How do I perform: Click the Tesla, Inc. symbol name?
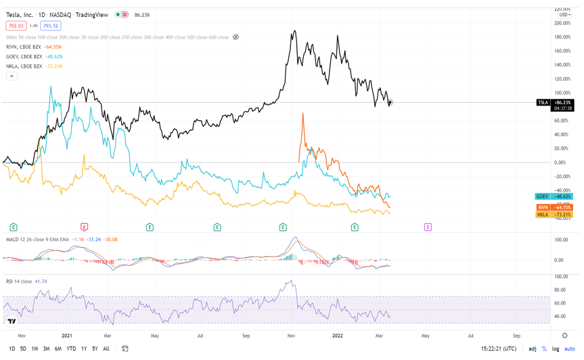point(20,15)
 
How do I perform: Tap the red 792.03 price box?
point(16,26)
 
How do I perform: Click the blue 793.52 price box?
point(50,26)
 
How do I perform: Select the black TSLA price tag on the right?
point(543,103)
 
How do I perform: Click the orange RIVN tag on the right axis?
point(543,207)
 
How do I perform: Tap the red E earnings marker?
point(84,227)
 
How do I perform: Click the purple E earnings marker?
point(428,227)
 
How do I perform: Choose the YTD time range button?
point(71,349)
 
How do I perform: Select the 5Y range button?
point(95,349)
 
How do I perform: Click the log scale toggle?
point(556,349)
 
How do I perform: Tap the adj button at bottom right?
point(533,349)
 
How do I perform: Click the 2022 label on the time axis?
point(338,336)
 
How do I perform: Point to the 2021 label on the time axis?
point(67,336)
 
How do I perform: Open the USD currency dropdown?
point(564,15)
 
